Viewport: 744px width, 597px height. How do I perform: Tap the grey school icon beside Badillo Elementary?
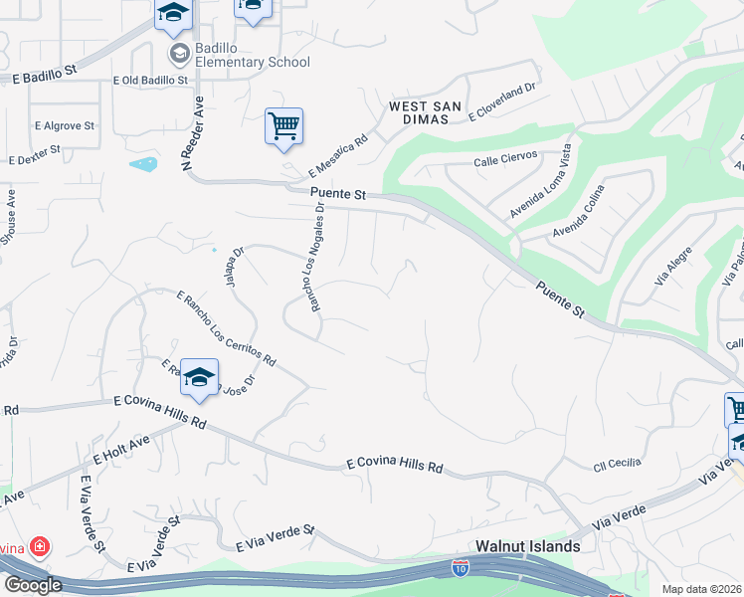(180, 53)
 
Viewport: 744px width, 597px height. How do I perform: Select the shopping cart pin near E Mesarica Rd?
(283, 127)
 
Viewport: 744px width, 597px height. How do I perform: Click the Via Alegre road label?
(672, 268)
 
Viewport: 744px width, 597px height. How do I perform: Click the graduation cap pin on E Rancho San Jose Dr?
(200, 378)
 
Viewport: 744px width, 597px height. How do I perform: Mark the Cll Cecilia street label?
(617, 463)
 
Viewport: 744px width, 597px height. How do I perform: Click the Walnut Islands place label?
(527, 546)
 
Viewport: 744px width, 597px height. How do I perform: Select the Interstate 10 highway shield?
(460, 567)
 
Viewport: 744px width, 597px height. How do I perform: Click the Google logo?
(32, 585)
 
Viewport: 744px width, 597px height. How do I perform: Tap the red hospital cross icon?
(39, 546)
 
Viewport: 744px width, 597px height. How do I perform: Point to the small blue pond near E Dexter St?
(142, 163)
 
